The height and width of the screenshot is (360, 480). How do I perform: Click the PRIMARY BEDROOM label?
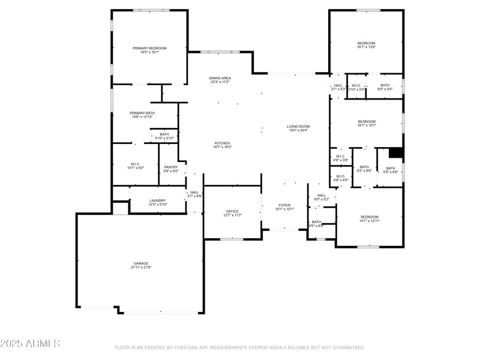point(149,48)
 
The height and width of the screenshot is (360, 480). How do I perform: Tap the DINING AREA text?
point(220,79)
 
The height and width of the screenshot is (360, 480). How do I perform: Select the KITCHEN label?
point(222,143)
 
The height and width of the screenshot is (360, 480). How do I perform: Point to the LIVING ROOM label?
point(298,127)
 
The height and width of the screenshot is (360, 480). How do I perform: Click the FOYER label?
point(284,205)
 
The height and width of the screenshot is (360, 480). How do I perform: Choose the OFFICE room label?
point(232,211)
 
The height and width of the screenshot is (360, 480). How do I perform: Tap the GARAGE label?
point(141,263)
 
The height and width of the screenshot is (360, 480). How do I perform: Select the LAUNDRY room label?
point(158,200)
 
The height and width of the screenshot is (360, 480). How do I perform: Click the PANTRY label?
point(171,167)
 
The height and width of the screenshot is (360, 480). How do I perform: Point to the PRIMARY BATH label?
point(142,113)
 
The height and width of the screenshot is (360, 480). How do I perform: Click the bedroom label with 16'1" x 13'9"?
point(366,43)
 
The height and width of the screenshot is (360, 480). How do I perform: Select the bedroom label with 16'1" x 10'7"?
point(366,122)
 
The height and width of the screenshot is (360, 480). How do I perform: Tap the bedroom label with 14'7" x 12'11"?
point(370,217)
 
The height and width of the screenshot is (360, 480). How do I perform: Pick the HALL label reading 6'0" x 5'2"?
point(322,196)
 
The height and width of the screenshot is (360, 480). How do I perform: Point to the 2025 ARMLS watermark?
point(30,344)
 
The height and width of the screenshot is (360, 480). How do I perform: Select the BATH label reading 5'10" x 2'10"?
point(164,134)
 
